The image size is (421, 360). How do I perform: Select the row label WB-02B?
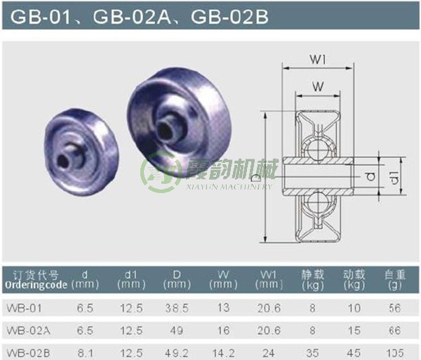point(25,350)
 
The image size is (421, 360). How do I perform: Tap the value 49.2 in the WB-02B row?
point(172,350)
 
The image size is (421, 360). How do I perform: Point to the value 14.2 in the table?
point(223,350)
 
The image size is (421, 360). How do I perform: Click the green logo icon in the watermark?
point(152,171)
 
